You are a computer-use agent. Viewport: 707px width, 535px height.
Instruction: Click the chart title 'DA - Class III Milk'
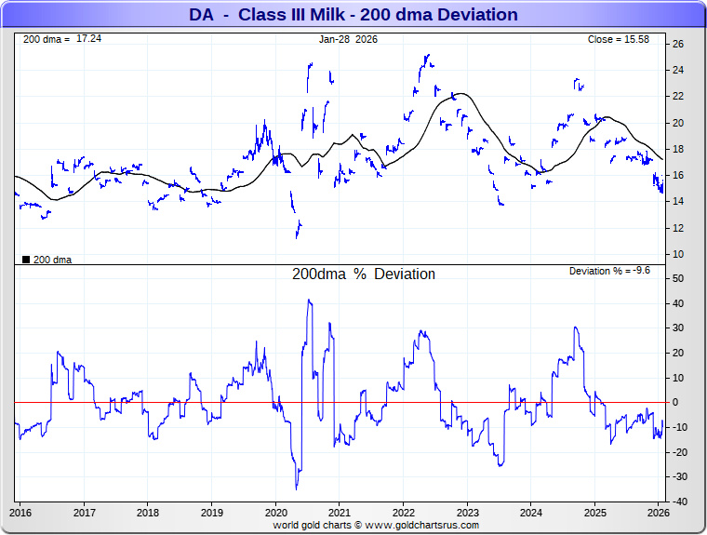pyautogui.click(x=353, y=14)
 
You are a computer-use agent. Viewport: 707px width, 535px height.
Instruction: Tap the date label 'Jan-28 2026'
pyautogui.click(x=348, y=39)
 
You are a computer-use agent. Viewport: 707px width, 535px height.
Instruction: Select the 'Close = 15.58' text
pyautogui.click(x=619, y=39)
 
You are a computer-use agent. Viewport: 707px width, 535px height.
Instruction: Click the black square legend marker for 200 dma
pyautogui.click(x=25, y=260)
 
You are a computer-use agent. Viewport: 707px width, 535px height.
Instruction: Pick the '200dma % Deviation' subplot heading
pyautogui.click(x=364, y=274)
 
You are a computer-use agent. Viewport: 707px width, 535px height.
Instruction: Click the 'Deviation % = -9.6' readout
pyautogui.click(x=608, y=271)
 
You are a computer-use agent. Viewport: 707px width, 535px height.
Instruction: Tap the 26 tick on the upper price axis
pyautogui.click(x=679, y=44)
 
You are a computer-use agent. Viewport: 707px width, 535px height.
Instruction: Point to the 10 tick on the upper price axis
pyautogui.click(x=679, y=254)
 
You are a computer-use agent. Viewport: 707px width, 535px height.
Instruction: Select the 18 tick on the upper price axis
pyautogui.click(x=679, y=149)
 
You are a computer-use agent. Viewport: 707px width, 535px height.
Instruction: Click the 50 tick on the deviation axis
pyautogui.click(x=679, y=278)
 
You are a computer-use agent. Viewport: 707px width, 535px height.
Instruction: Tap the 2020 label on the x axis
pyautogui.click(x=276, y=513)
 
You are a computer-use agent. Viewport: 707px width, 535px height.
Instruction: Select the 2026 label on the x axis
pyautogui.click(x=659, y=513)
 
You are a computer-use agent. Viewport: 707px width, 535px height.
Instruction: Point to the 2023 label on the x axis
pyautogui.click(x=467, y=513)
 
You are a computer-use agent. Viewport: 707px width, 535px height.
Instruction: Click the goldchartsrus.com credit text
pyautogui.click(x=376, y=525)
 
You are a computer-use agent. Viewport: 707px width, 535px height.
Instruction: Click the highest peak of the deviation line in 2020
pyautogui.click(x=309, y=300)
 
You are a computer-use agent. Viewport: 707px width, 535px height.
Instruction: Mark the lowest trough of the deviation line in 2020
pyautogui.click(x=297, y=489)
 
